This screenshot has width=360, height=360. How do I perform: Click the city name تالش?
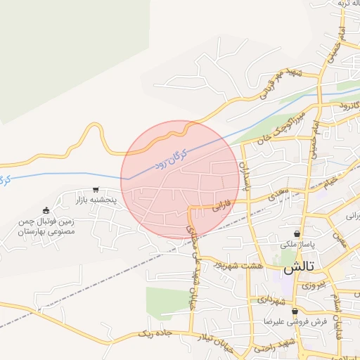(x=297, y=269)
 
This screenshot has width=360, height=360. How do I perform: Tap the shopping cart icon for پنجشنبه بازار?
(x=96, y=190)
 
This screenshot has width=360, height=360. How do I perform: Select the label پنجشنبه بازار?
(x=95, y=201)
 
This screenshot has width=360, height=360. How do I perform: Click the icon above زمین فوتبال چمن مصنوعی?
(x=46, y=210)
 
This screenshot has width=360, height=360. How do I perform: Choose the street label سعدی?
(x=280, y=191)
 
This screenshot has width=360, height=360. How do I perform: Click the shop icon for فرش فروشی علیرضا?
(x=295, y=310)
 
